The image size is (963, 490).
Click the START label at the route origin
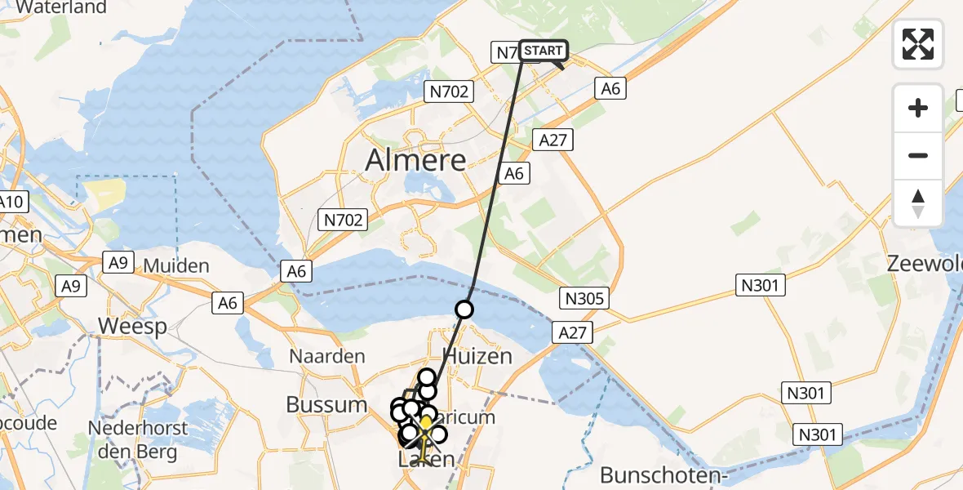(x=543, y=51)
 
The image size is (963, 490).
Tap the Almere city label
(x=415, y=160)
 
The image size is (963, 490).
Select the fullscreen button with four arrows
(x=918, y=44)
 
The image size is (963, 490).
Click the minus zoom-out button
(x=918, y=155)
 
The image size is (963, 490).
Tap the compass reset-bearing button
(x=918, y=203)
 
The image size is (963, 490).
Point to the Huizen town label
(x=477, y=356)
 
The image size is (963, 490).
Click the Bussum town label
(x=326, y=404)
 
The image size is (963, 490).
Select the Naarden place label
(x=327, y=357)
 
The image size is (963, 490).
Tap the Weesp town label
(x=132, y=327)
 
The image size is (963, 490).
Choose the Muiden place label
(x=176, y=266)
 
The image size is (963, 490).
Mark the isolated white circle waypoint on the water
(x=464, y=310)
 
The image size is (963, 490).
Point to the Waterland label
(x=61, y=8)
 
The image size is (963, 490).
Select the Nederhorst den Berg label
(x=138, y=439)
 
